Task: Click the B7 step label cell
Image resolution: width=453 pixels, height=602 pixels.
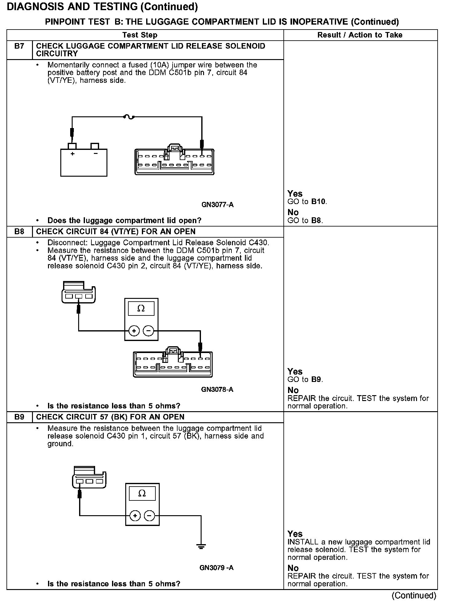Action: pyautogui.click(x=19, y=46)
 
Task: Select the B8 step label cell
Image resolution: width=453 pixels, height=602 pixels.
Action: pyautogui.click(x=19, y=231)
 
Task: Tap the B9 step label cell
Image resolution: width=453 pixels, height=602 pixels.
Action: pyautogui.click(x=19, y=417)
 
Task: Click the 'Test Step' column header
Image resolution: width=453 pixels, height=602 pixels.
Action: pyautogui.click(x=140, y=35)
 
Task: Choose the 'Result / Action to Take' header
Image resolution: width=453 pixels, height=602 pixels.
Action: pyautogui.click(x=360, y=35)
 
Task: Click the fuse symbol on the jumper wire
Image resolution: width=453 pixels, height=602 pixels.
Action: pyautogui.click(x=129, y=117)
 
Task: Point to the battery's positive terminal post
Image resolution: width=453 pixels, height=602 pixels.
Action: pyautogui.click(x=72, y=146)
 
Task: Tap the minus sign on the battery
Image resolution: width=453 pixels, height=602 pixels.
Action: pyautogui.click(x=95, y=154)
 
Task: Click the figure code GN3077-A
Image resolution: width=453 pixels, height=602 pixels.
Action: pyautogui.click(x=217, y=205)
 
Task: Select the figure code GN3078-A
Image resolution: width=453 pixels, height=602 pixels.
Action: pyautogui.click(x=217, y=390)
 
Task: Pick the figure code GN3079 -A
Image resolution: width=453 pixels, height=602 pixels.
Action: pyautogui.click(x=216, y=568)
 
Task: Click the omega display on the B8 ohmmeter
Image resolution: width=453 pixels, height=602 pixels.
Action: pyautogui.click(x=141, y=308)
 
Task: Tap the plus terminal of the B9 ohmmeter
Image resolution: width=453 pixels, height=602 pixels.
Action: pyautogui.click(x=135, y=516)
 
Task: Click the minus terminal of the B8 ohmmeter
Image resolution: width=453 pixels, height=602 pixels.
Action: pyautogui.click(x=149, y=331)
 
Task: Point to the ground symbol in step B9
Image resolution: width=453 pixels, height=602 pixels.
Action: pyautogui.click(x=201, y=547)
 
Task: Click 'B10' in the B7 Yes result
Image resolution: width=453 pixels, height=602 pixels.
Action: pyautogui.click(x=318, y=202)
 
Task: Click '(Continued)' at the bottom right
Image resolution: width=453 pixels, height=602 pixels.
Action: pyautogui.click(x=414, y=596)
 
